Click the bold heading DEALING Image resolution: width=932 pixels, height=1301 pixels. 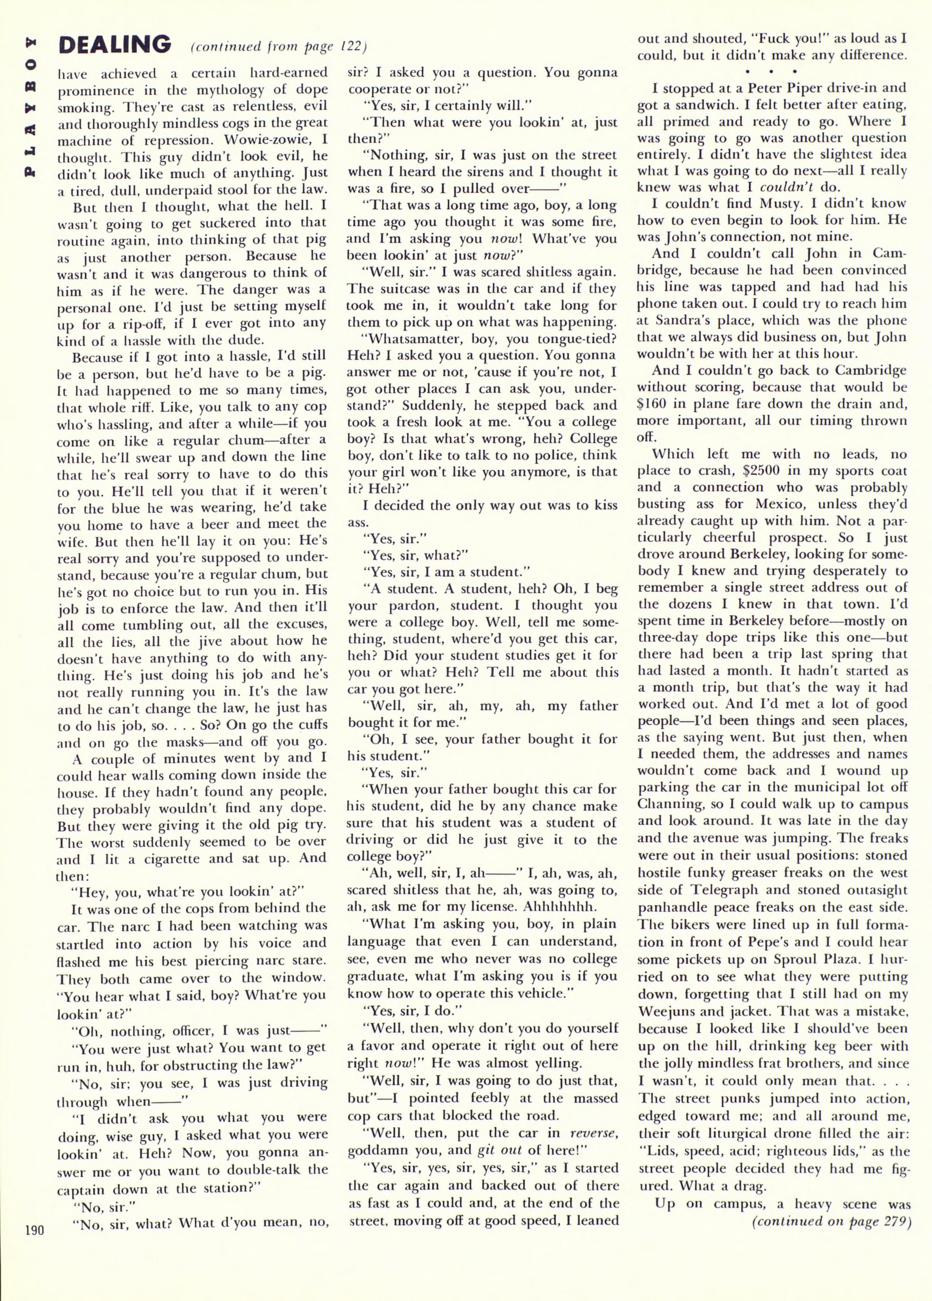(x=115, y=44)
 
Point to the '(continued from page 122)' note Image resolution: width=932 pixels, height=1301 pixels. (x=279, y=46)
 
